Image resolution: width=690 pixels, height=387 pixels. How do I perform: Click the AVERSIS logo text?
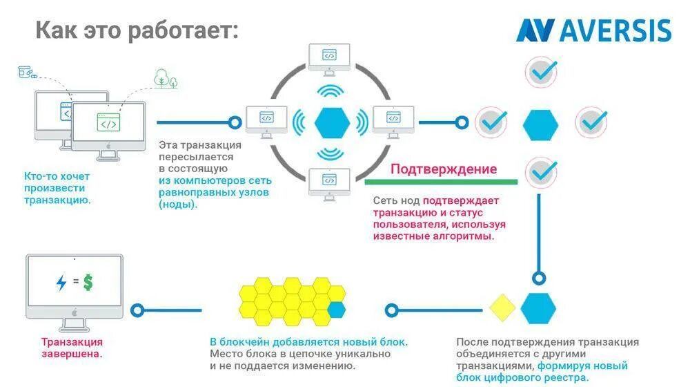coord(615,30)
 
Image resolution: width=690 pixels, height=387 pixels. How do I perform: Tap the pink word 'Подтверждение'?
coord(444,169)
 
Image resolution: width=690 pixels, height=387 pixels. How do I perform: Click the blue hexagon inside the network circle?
coord(331,122)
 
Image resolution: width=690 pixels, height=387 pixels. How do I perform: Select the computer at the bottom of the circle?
coord(330,182)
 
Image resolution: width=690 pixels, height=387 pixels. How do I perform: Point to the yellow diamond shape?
coord(503,308)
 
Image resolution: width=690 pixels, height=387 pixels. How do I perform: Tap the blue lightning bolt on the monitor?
coord(61,283)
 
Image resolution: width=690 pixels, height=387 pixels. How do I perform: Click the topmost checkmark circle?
coord(541,71)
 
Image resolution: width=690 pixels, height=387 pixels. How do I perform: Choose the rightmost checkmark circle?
coord(591,122)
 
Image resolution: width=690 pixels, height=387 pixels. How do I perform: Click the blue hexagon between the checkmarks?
coord(540,124)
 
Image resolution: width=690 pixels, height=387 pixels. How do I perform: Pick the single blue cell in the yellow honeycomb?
coord(336,309)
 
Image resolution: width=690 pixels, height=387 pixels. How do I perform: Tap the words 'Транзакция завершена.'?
coord(72,347)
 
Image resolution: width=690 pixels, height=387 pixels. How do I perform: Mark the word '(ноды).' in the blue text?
coord(178,205)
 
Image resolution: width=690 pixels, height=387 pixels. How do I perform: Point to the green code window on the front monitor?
coord(108,124)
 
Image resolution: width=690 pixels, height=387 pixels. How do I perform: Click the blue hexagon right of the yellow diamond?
coord(538,308)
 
